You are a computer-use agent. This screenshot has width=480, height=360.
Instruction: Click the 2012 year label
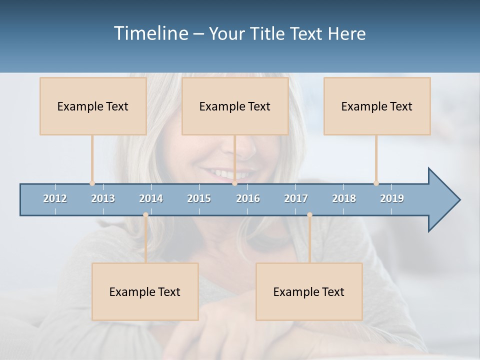[x=55, y=198]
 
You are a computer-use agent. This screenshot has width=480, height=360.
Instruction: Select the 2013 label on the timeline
[x=103, y=198]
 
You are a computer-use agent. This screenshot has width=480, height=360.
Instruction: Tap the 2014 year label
[x=151, y=198]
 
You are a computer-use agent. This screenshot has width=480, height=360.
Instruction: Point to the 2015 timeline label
[x=199, y=198]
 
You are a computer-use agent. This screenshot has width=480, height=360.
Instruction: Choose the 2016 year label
[x=248, y=198]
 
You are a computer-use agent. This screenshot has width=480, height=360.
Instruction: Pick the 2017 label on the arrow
[x=296, y=198]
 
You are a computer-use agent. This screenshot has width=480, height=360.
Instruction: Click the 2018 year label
[x=344, y=198]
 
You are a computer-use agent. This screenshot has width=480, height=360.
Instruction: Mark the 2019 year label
[x=392, y=198]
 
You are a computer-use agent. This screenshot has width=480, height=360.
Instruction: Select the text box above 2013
[x=93, y=106]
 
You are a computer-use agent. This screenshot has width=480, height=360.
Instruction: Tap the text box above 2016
[x=235, y=106]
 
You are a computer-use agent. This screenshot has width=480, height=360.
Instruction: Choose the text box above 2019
[x=377, y=106]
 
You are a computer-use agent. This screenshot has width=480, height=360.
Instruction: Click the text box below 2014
[x=145, y=291]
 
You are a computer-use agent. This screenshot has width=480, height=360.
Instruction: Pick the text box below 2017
[x=309, y=291]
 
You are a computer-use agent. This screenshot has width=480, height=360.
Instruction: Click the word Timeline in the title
[x=150, y=33]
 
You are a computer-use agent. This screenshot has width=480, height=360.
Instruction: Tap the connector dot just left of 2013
[x=92, y=183]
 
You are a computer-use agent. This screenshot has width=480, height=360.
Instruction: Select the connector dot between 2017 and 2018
[x=309, y=215]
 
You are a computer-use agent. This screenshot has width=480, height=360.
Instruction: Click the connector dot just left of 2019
[x=376, y=183]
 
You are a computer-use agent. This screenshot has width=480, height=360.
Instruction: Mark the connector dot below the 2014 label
[x=145, y=215]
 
